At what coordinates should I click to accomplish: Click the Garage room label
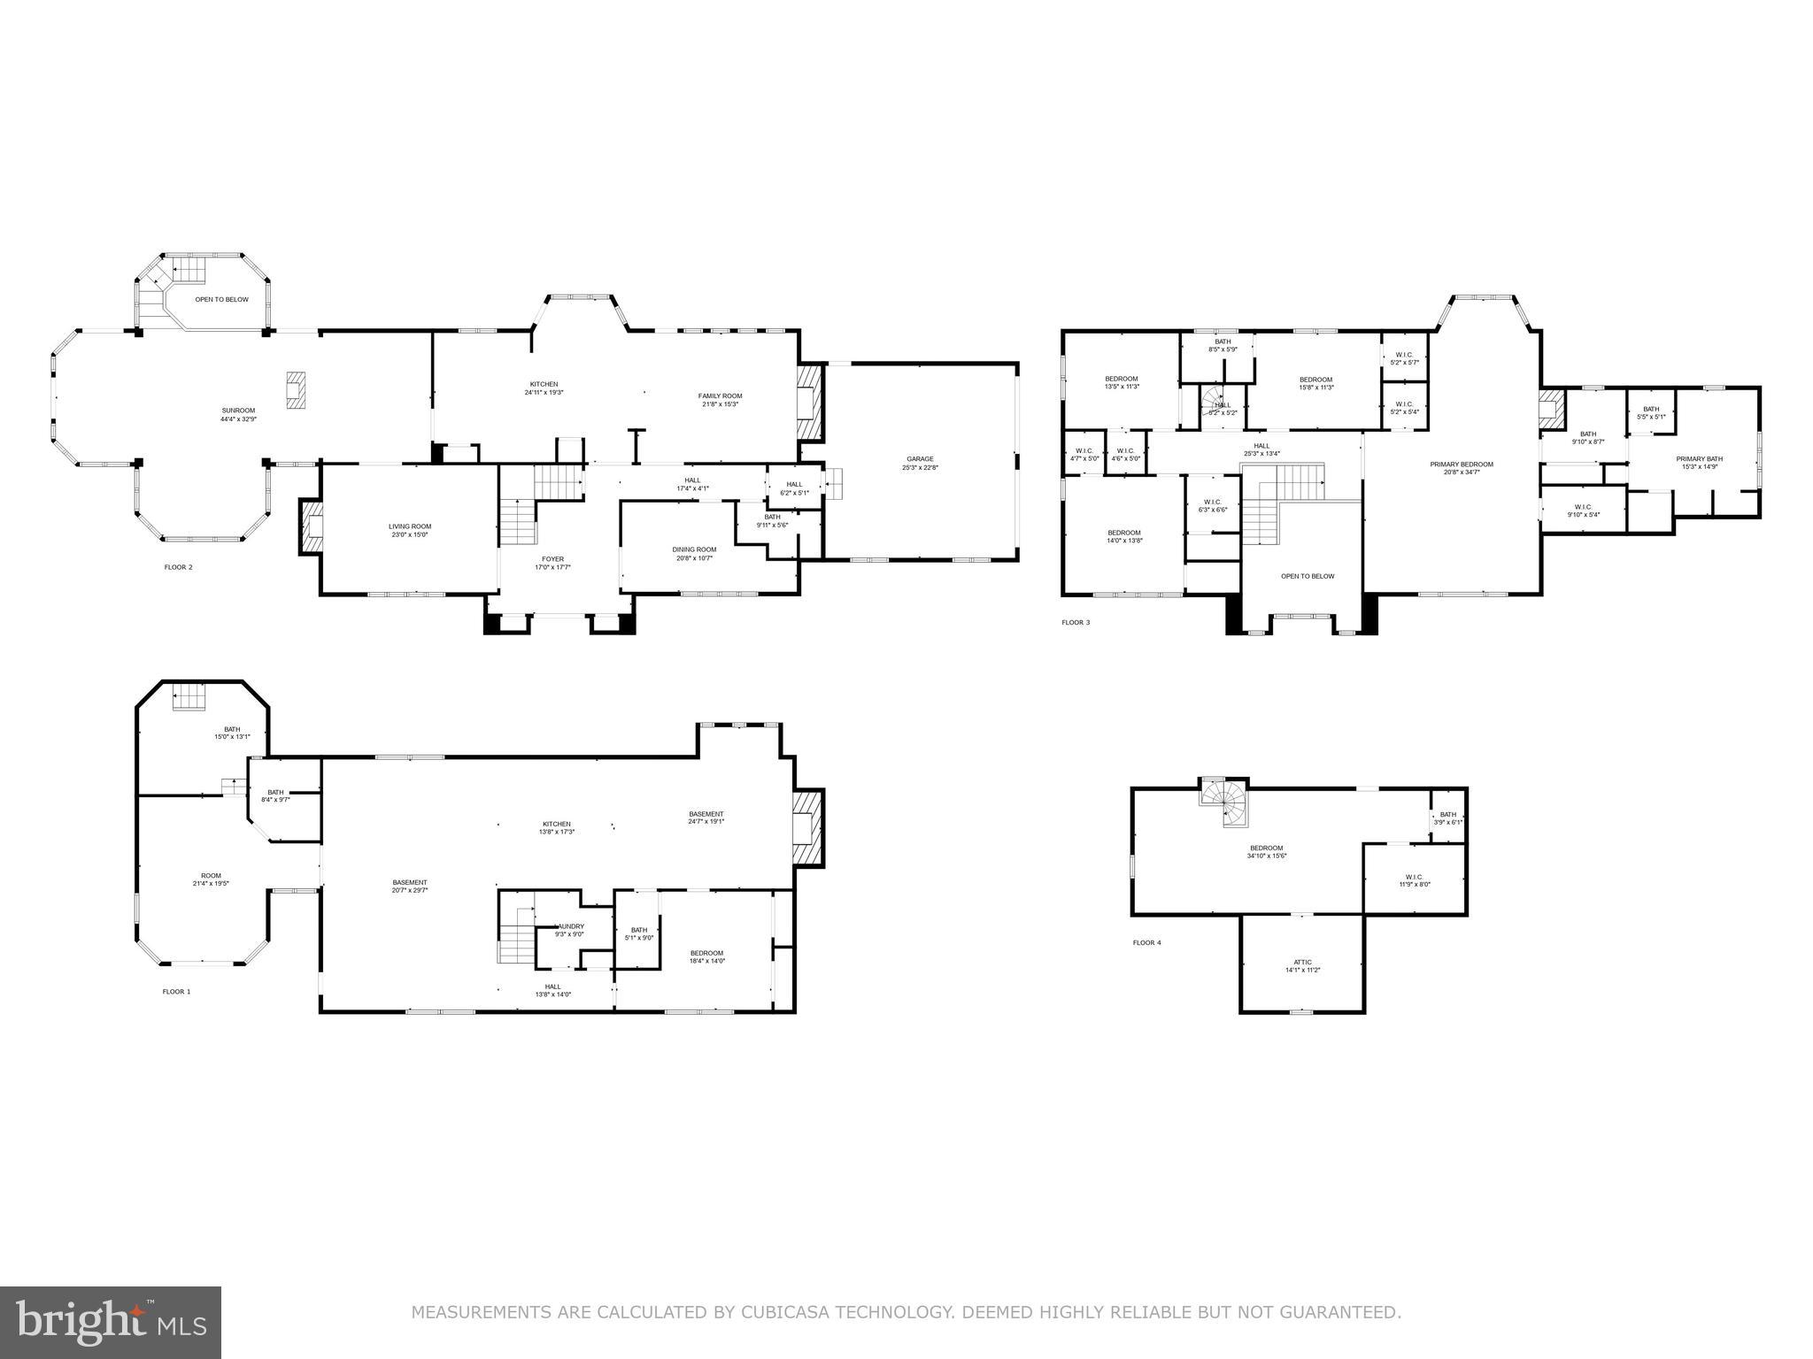point(920,463)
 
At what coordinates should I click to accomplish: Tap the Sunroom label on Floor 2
point(238,414)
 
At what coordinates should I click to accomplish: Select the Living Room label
point(410,530)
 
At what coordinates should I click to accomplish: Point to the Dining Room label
point(694,553)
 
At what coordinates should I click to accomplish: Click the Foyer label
point(552,563)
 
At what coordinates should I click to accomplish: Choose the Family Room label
point(720,400)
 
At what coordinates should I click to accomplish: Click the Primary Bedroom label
point(1461,468)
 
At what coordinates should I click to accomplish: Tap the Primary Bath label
point(1700,462)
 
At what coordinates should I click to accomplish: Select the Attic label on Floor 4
point(1302,965)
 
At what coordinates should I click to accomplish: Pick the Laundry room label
point(569,930)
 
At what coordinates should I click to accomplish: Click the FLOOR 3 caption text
point(1076,623)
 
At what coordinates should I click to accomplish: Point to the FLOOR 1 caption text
point(176,992)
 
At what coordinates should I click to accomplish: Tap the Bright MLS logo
point(111,1323)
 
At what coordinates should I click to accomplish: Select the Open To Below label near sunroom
point(222,299)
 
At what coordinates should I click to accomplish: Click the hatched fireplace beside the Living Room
point(312,527)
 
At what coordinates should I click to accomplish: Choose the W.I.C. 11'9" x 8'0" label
point(1414,879)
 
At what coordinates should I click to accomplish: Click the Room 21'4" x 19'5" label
point(211,879)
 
